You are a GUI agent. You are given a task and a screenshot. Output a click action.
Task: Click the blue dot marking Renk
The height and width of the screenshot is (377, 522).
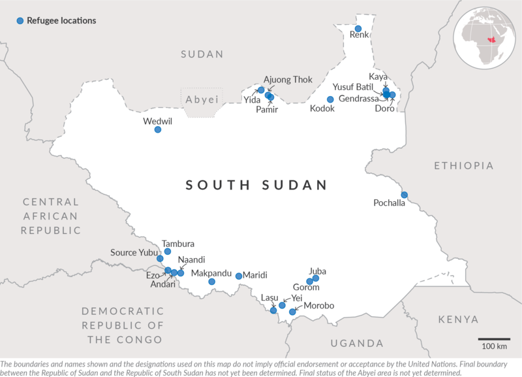click(x=358, y=29)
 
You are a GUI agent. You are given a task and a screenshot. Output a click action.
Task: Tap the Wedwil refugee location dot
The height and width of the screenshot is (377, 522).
click(x=158, y=129)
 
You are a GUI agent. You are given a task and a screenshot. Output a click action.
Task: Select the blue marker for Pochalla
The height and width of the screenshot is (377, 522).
click(x=404, y=195)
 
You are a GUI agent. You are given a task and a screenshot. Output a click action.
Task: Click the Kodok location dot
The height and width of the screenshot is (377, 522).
click(x=330, y=99)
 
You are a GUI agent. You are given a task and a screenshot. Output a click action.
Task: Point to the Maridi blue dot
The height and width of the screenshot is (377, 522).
click(x=239, y=276)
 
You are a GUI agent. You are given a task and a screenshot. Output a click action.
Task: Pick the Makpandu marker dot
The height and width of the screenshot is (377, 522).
click(x=211, y=282)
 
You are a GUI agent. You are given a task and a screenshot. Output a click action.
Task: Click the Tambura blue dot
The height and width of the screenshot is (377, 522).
click(x=168, y=252)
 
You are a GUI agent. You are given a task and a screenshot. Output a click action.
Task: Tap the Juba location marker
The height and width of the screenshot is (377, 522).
click(x=316, y=278)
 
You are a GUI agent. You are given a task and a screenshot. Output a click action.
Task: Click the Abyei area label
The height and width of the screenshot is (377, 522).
click(x=202, y=99)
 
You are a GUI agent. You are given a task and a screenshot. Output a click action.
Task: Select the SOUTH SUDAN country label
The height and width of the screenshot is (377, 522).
click(x=256, y=186)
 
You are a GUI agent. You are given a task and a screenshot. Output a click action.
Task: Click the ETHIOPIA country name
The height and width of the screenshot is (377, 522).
click(x=464, y=165)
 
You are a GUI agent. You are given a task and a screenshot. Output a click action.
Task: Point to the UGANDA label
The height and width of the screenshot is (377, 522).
click(x=357, y=343)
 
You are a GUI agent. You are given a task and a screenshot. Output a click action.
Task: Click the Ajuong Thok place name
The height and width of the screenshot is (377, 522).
click(x=288, y=80)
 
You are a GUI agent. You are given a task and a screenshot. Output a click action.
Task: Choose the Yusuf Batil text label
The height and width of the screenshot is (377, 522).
click(x=352, y=87)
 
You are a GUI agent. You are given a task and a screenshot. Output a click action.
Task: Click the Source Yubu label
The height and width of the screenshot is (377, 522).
click(x=133, y=253)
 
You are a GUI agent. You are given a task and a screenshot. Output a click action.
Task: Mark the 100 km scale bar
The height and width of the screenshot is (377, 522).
click(x=494, y=340)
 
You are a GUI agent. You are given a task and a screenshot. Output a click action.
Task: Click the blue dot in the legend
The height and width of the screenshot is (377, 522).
click(x=20, y=21)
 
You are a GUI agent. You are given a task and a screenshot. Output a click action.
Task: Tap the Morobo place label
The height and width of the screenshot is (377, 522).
click(x=319, y=306)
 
